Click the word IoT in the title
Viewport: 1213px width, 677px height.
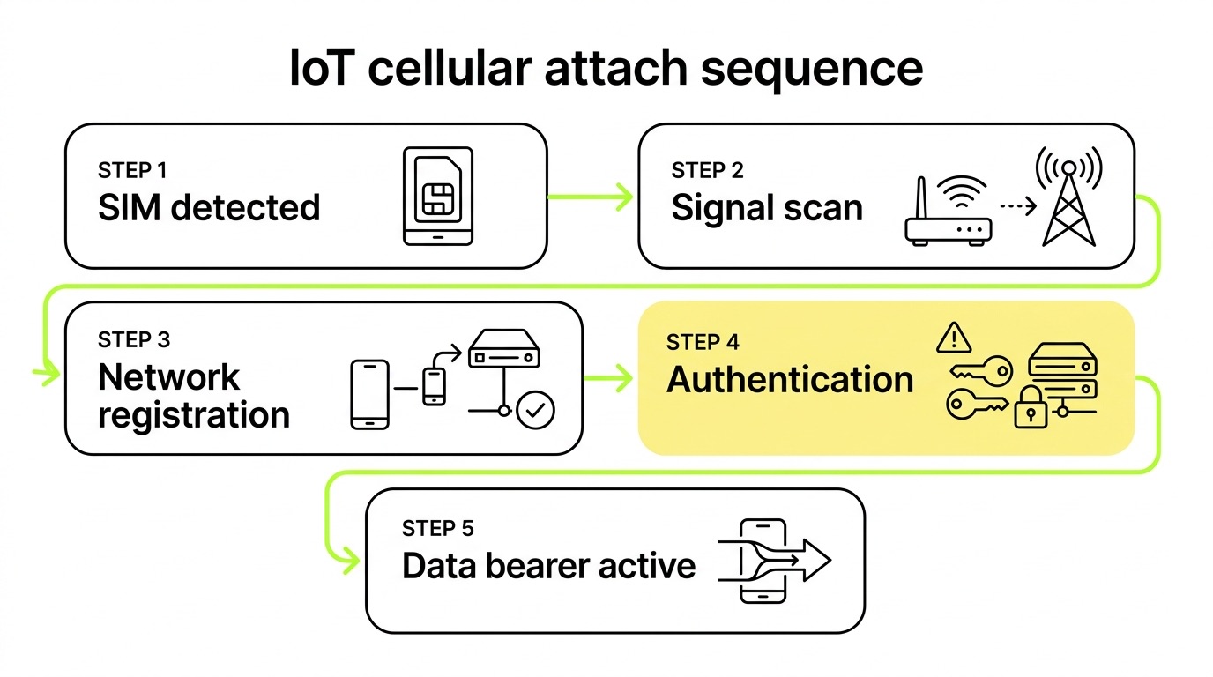pos(322,68)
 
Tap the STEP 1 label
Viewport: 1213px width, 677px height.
pos(132,171)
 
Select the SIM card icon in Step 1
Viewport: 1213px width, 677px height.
pos(438,196)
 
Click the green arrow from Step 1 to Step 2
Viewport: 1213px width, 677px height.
pos(591,197)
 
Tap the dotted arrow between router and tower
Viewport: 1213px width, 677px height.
pos(1018,205)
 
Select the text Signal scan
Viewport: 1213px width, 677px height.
pos(767,208)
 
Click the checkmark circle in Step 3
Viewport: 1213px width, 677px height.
pos(535,410)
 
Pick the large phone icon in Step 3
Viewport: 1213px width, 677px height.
pos(370,394)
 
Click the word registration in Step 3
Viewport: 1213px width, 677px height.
pos(194,416)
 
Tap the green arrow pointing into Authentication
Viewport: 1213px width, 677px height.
pos(608,377)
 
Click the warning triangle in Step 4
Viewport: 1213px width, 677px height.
pos(954,338)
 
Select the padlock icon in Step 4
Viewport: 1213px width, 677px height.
pos(1031,408)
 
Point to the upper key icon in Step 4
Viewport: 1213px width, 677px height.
pos(981,371)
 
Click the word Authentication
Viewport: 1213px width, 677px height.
pos(790,379)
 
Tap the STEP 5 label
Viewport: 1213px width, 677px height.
pos(437,529)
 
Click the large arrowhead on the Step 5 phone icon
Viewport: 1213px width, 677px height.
pos(816,560)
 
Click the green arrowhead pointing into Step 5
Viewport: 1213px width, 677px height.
pos(348,560)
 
